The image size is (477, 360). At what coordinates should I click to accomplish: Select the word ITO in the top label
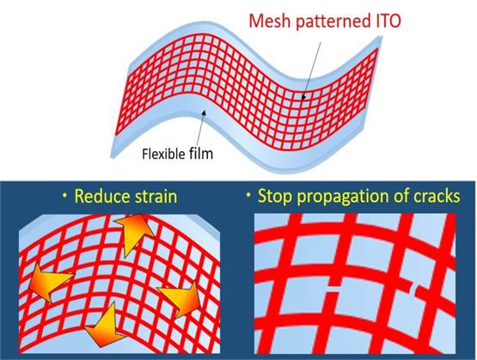click(388, 21)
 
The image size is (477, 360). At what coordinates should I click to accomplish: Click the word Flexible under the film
click(163, 153)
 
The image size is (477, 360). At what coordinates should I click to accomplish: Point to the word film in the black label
click(201, 153)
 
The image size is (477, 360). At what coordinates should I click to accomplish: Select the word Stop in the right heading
click(274, 197)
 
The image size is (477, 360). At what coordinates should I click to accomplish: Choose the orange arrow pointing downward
click(105, 326)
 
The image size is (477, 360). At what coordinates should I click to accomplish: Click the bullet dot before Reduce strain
click(64, 197)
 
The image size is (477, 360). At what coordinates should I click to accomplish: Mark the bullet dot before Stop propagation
click(248, 197)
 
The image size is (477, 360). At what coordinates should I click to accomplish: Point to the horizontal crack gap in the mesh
click(333, 289)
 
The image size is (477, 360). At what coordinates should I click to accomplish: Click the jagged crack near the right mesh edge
click(413, 288)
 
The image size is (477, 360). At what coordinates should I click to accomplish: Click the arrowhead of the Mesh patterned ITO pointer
click(303, 97)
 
